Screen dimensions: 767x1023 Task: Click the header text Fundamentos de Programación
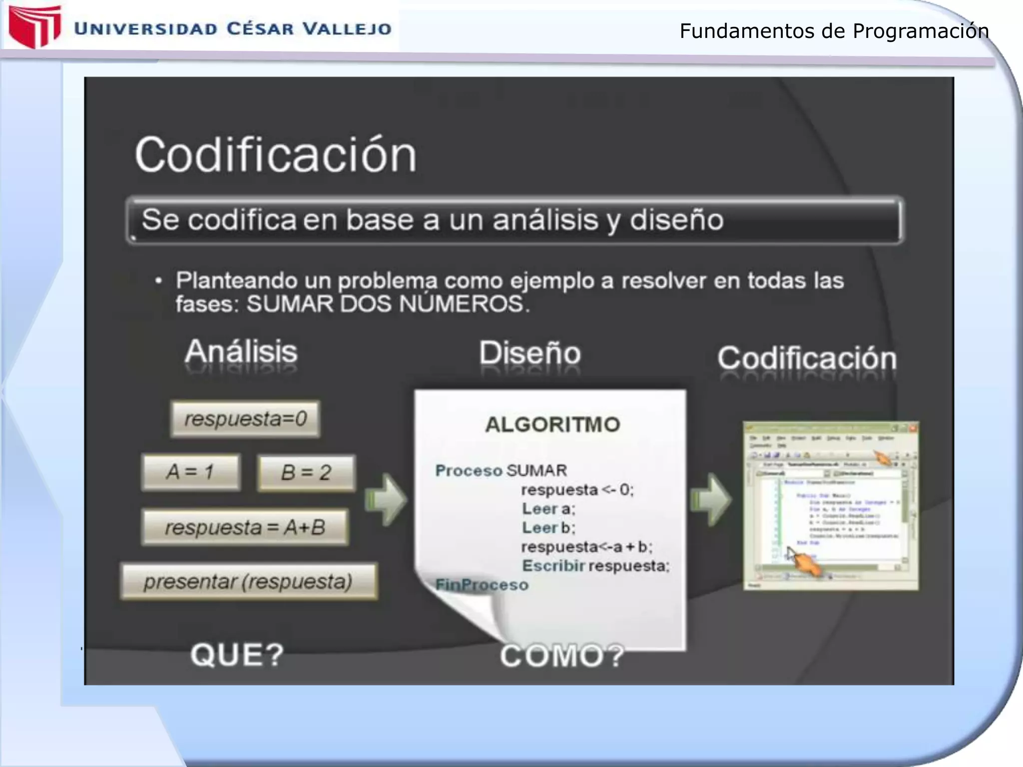click(x=834, y=31)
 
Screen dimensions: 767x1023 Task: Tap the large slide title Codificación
click(x=275, y=155)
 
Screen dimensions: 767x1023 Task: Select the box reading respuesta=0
click(x=245, y=418)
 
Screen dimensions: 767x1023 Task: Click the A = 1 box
click(x=191, y=472)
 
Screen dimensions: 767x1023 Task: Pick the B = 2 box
click(x=306, y=472)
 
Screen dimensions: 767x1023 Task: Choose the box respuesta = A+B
click(x=245, y=527)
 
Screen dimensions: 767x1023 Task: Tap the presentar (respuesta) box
click(x=248, y=582)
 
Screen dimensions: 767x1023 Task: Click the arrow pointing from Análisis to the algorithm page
click(x=386, y=500)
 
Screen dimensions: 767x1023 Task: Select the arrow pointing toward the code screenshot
click(x=711, y=500)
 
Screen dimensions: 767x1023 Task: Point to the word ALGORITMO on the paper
click(x=552, y=424)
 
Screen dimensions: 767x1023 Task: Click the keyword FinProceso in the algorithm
click(x=482, y=584)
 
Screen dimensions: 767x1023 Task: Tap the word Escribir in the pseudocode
click(x=553, y=566)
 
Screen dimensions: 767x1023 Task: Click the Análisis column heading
click(x=241, y=352)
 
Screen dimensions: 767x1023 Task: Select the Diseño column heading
click(x=530, y=354)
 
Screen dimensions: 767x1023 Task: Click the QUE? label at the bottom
click(x=237, y=655)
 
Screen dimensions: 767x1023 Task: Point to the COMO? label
click(x=562, y=656)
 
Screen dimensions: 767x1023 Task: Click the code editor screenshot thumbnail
click(x=830, y=505)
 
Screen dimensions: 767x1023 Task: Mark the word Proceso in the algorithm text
click(x=469, y=470)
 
